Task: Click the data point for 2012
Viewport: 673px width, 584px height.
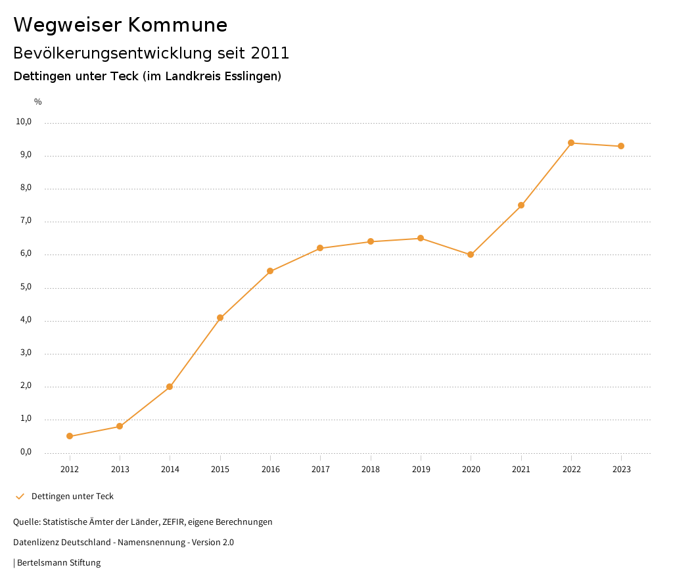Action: (x=70, y=436)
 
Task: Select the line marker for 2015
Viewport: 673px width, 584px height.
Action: (x=220, y=318)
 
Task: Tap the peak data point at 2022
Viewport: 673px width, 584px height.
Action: (x=571, y=143)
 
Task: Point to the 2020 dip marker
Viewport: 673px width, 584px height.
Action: (x=471, y=255)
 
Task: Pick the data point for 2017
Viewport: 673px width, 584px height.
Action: (x=320, y=248)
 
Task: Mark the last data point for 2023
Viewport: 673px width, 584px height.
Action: (x=621, y=146)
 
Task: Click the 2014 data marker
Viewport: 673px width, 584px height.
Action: (x=170, y=387)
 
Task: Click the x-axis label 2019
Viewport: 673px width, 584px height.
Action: (x=421, y=470)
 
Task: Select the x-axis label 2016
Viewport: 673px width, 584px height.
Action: (x=270, y=470)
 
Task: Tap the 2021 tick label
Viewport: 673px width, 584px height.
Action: (x=521, y=470)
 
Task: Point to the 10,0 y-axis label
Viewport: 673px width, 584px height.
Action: (x=24, y=122)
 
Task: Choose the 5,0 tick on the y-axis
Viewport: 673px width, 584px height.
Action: (x=26, y=287)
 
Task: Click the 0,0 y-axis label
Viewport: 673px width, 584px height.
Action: (x=26, y=452)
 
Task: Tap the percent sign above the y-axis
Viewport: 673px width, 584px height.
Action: (x=38, y=102)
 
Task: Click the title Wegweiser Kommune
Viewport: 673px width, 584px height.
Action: (x=120, y=25)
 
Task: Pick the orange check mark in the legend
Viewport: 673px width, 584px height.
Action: (x=20, y=497)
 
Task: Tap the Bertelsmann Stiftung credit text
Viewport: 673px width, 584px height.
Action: (x=58, y=563)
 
